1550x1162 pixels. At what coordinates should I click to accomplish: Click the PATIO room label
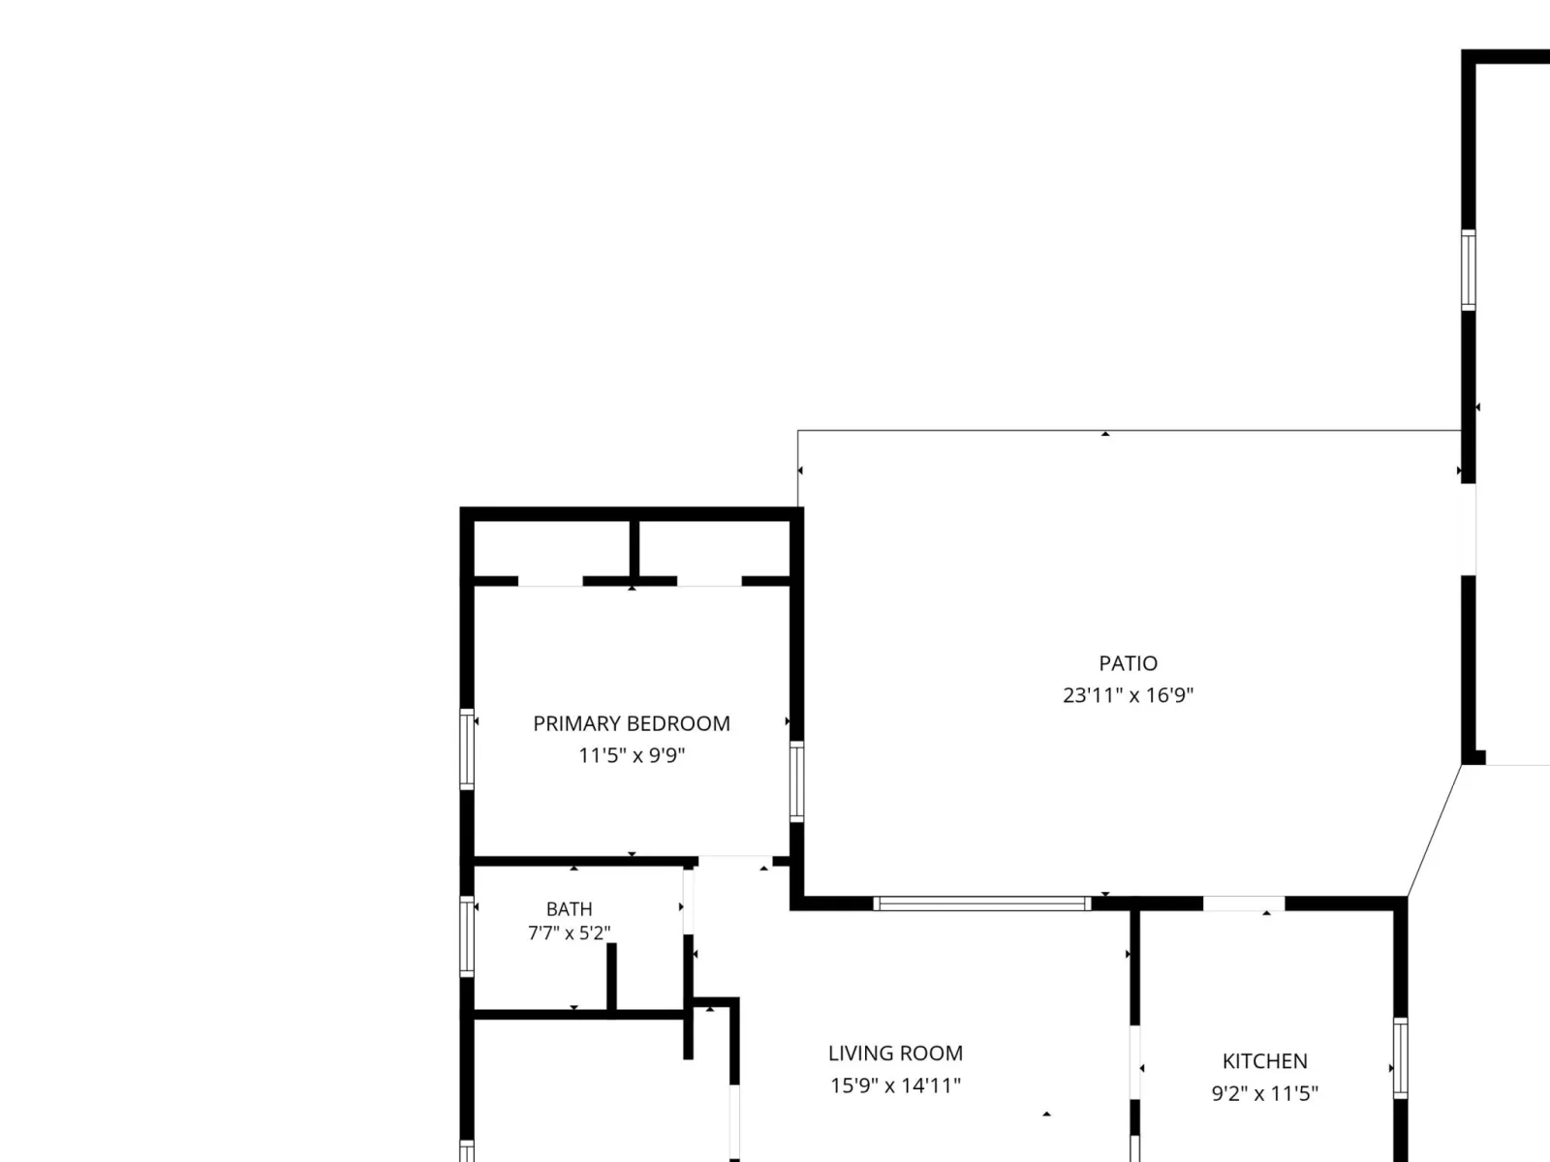[x=1128, y=663]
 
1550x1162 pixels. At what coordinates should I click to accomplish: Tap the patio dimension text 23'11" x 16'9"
[x=1128, y=695]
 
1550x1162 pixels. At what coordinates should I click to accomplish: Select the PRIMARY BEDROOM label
[x=632, y=724]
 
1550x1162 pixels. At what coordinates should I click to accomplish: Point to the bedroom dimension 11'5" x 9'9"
[x=632, y=755]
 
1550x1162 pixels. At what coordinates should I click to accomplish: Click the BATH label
[x=570, y=908]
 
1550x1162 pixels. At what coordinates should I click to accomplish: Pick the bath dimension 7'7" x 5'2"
[x=570, y=933]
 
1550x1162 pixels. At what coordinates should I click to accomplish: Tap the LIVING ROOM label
[x=895, y=1054]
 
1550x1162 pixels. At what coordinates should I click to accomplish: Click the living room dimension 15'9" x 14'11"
[x=895, y=1086]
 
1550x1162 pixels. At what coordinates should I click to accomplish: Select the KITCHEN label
[x=1265, y=1061]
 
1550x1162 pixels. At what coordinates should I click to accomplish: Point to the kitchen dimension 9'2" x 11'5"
[x=1265, y=1093]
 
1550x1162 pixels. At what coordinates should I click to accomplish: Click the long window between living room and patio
[x=982, y=903]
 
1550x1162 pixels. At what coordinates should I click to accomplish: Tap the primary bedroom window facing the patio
[x=796, y=781]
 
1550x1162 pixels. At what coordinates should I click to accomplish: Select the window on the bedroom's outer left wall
[x=467, y=749]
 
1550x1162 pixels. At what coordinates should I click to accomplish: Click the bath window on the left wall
[x=467, y=937]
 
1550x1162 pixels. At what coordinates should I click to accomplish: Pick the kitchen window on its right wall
[x=1400, y=1058]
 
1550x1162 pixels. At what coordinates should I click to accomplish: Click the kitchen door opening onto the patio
[x=1244, y=903]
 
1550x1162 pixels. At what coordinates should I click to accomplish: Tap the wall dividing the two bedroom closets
[x=635, y=549]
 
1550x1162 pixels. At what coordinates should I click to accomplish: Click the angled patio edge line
[x=1434, y=831]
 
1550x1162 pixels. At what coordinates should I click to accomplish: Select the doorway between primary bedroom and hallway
[x=735, y=862]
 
